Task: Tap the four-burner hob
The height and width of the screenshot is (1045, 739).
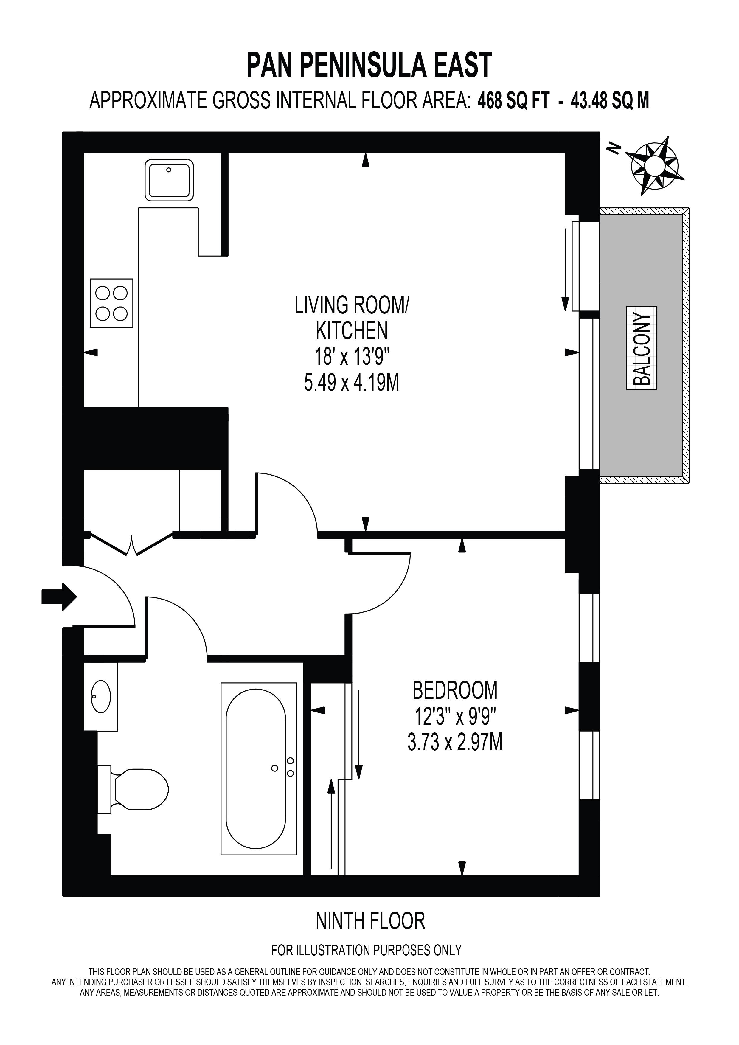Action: (x=111, y=303)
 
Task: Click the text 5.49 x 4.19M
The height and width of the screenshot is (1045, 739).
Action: (x=352, y=382)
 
